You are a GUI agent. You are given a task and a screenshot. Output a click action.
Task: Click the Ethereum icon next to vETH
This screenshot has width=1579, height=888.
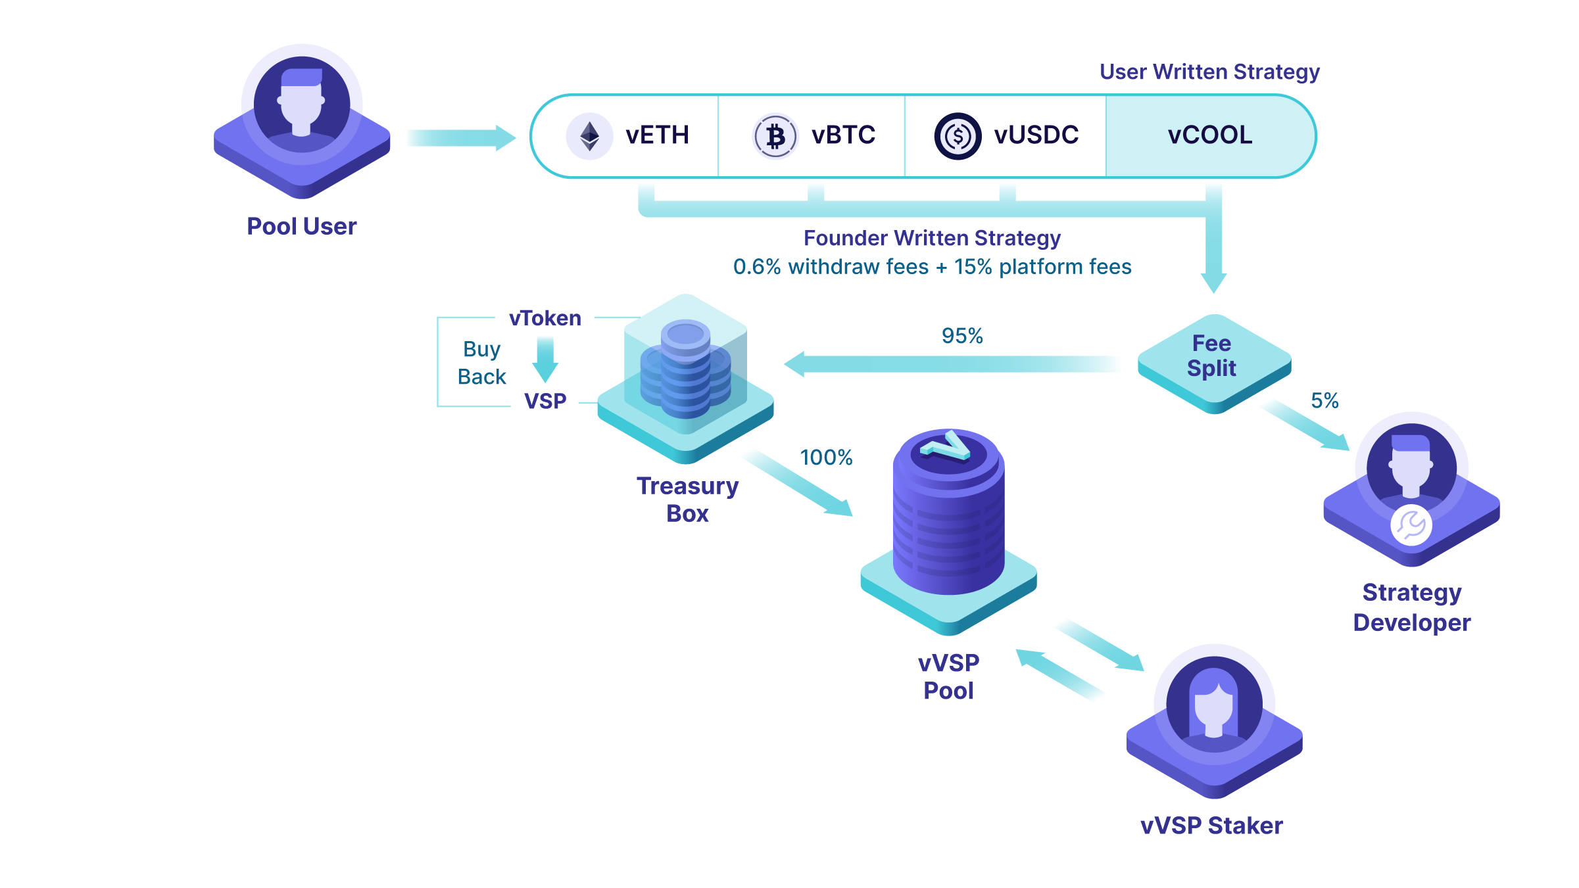click(x=589, y=136)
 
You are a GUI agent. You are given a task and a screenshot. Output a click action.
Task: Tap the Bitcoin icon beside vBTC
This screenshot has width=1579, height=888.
click(x=775, y=136)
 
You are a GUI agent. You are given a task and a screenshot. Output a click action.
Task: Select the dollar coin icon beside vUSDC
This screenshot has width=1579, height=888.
click(x=958, y=136)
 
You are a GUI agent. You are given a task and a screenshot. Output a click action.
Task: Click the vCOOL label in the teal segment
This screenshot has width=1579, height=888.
click(x=1209, y=135)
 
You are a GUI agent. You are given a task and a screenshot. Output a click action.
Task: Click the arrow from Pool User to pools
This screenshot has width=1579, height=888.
click(x=460, y=138)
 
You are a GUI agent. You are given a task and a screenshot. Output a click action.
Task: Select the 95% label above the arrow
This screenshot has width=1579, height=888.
click(x=961, y=336)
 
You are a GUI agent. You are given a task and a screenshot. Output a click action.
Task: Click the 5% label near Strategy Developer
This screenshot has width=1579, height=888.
click(x=1324, y=400)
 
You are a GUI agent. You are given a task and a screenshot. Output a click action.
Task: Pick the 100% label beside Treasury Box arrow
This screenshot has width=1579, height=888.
click(x=826, y=457)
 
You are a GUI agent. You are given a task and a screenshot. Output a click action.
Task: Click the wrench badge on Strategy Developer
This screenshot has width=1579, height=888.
click(x=1411, y=525)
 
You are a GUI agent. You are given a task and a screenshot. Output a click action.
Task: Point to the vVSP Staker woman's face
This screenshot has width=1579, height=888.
click(x=1214, y=710)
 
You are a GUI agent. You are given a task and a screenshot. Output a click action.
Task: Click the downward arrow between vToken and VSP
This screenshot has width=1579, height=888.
click(x=545, y=359)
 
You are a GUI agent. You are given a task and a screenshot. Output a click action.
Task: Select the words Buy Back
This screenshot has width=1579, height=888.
click(x=482, y=363)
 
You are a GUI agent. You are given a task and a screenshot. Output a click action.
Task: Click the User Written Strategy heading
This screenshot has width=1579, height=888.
click(x=1209, y=72)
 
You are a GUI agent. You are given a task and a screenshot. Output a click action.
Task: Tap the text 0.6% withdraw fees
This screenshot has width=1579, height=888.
click(x=831, y=267)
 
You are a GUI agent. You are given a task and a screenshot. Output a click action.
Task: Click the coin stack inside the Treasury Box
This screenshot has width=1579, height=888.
click(x=685, y=371)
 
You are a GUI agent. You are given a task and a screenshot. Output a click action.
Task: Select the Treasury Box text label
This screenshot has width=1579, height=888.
click(x=687, y=500)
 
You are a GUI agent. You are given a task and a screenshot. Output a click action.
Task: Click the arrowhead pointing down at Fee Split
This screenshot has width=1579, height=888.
click(x=1214, y=283)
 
